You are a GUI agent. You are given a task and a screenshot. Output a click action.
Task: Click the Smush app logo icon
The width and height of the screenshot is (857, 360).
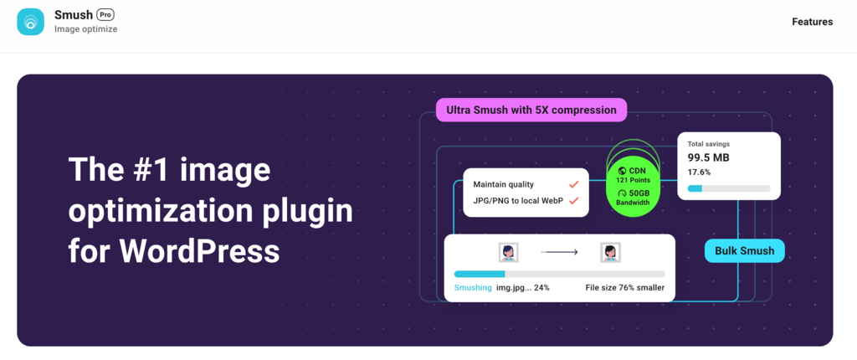click(31, 22)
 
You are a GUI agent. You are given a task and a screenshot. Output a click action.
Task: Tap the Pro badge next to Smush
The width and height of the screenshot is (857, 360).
click(105, 14)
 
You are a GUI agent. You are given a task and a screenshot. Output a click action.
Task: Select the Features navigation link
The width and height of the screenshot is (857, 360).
click(812, 22)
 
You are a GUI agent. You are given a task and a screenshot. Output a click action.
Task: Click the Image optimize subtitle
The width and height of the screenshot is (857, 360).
click(85, 29)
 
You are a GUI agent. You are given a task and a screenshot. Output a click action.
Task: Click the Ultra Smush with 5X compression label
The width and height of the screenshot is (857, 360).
click(531, 110)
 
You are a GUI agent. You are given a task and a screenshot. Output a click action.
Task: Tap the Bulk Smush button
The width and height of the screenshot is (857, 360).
click(745, 250)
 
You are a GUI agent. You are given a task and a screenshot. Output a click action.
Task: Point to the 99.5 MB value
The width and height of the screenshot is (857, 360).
click(708, 157)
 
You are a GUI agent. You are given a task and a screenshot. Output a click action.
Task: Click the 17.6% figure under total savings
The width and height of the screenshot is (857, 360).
click(699, 172)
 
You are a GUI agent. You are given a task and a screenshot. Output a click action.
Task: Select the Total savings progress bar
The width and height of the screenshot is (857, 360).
click(728, 188)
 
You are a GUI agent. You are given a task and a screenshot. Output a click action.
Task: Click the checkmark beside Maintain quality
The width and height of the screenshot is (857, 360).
click(574, 184)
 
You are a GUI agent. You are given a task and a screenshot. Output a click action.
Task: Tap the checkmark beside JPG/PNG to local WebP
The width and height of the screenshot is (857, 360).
click(574, 201)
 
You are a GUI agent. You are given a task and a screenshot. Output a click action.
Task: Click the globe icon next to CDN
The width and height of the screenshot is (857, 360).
click(622, 171)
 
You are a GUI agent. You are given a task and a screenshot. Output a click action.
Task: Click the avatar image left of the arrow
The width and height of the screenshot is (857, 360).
click(507, 252)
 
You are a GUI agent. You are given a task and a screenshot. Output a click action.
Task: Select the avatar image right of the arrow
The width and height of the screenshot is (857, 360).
click(609, 252)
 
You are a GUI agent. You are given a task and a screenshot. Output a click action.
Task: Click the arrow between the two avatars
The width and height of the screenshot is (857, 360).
click(558, 252)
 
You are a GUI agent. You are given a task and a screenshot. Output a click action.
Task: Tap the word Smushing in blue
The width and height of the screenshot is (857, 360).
click(473, 288)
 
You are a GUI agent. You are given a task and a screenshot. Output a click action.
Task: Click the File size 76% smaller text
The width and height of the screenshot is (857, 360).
click(624, 288)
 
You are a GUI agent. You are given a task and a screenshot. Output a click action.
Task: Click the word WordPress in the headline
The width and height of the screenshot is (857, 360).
click(199, 249)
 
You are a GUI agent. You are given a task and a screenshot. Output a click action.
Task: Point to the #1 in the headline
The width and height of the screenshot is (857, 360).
click(156, 170)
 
